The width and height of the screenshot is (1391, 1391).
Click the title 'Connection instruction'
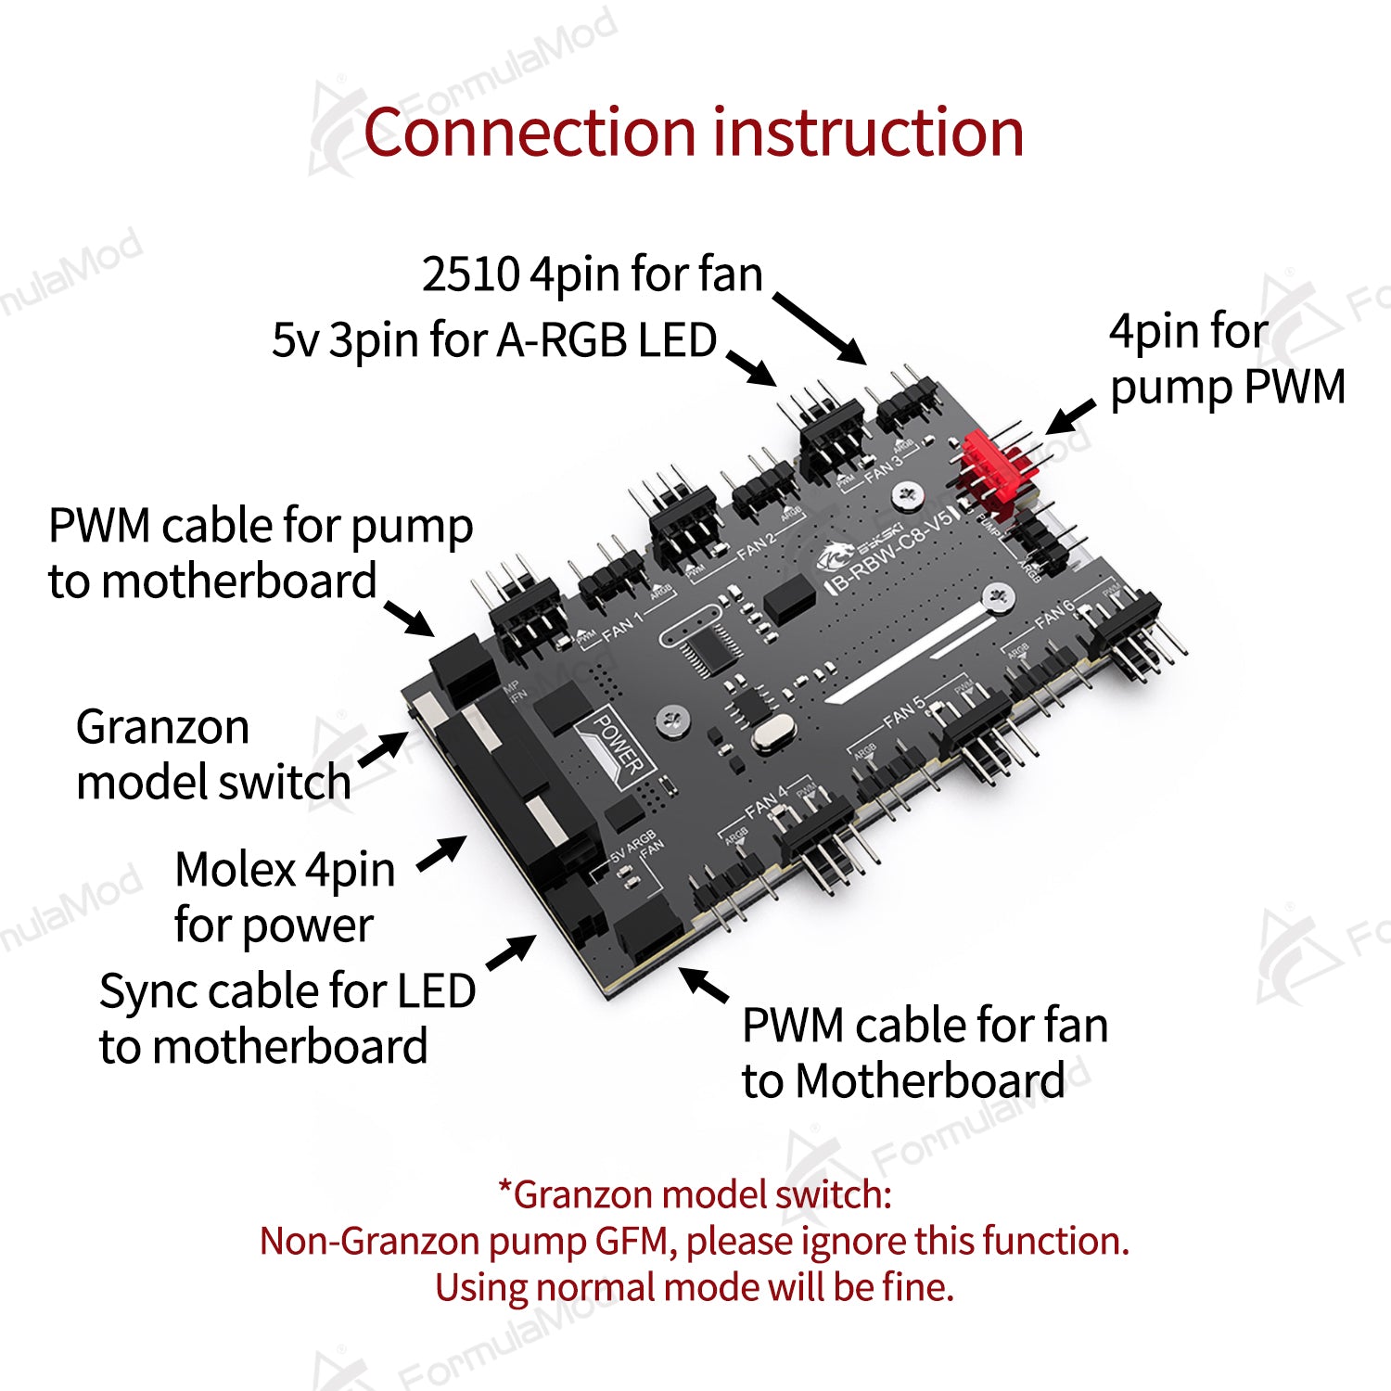click(x=694, y=133)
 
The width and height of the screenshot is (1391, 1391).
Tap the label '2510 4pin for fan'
click(x=592, y=274)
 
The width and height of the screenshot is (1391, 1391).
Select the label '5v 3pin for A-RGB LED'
click(x=494, y=340)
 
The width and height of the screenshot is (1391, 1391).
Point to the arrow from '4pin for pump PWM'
click(x=1070, y=417)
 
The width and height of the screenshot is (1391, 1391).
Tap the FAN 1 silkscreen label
click(x=622, y=627)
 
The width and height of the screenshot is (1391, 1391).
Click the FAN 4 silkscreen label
click(x=766, y=802)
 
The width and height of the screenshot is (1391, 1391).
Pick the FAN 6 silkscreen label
click(x=1054, y=613)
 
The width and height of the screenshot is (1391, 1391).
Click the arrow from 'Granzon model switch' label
click(x=383, y=749)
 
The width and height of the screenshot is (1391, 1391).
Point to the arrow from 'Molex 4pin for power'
click(x=442, y=852)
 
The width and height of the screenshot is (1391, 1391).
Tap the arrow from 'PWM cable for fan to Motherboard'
click(x=704, y=985)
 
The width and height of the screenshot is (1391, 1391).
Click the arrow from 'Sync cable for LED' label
click(x=511, y=953)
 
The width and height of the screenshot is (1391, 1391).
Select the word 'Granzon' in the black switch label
click(x=162, y=727)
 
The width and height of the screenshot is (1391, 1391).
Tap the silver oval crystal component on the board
click(x=771, y=734)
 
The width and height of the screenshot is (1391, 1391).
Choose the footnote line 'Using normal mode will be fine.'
click(x=695, y=1287)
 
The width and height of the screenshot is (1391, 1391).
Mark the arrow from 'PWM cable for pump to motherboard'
click(x=409, y=618)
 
